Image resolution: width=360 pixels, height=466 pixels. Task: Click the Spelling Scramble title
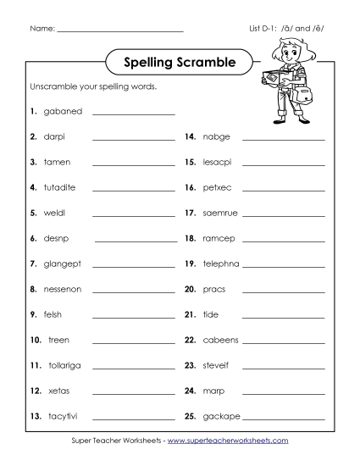click(180, 62)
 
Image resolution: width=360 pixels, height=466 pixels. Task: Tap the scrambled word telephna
click(222, 264)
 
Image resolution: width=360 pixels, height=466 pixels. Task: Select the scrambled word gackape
click(222, 416)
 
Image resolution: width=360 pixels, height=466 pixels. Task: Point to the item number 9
click(33, 314)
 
